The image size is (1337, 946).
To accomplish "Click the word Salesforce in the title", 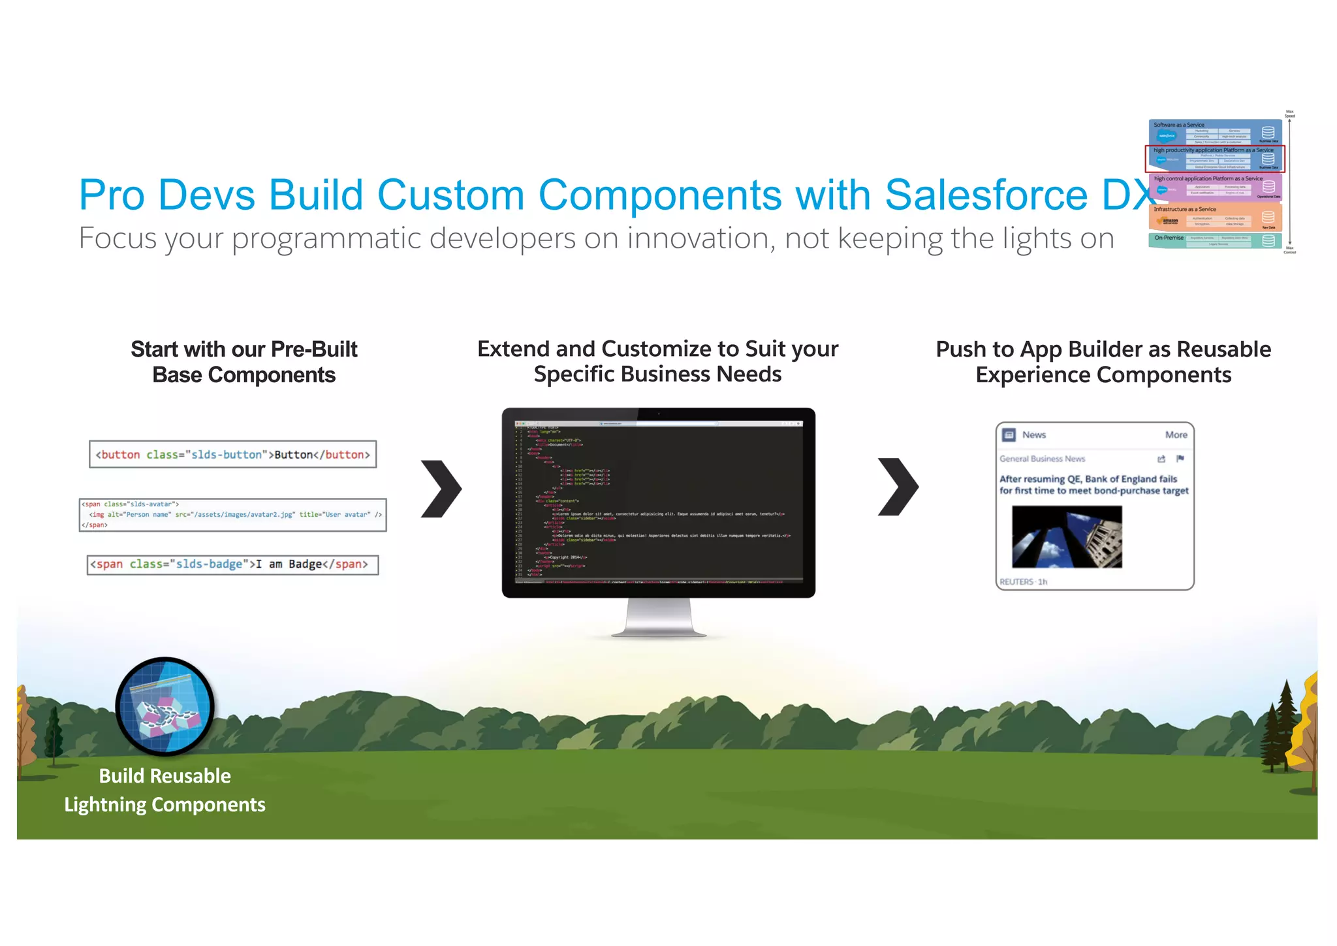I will (x=986, y=195).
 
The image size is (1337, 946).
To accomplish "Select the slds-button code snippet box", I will (x=232, y=455).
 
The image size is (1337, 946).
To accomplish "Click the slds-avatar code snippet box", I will (x=232, y=515).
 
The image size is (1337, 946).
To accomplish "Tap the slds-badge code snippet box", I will (x=232, y=564).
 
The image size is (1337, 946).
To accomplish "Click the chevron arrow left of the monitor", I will (x=441, y=489).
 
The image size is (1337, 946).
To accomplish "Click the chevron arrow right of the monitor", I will (x=898, y=487).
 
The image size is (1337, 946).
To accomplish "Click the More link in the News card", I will (x=1176, y=435).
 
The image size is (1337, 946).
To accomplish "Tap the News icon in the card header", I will (x=1009, y=435).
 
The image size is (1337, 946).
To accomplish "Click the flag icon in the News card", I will (x=1180, y=459).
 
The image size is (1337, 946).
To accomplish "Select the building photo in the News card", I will (x=1067, y=537).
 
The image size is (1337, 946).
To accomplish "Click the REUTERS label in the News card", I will (x=1016, y=582).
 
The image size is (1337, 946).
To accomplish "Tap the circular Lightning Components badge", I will (x=165, y=706).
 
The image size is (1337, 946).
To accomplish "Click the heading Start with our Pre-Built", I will (x=244, y=350).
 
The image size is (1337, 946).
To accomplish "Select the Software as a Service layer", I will (x=1214, y=131).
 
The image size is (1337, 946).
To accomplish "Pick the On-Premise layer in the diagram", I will (x=1214, y=240).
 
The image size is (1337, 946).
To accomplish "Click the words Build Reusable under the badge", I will (x=165, y=776).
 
